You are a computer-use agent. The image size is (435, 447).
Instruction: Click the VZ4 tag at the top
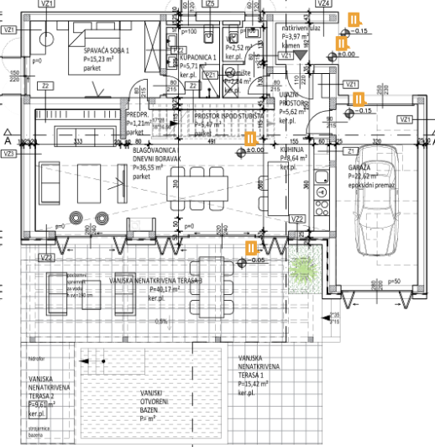(323, 3)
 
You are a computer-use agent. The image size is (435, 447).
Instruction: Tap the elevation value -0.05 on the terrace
(257, 260)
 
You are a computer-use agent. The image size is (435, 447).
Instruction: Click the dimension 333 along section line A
(76, 142)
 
